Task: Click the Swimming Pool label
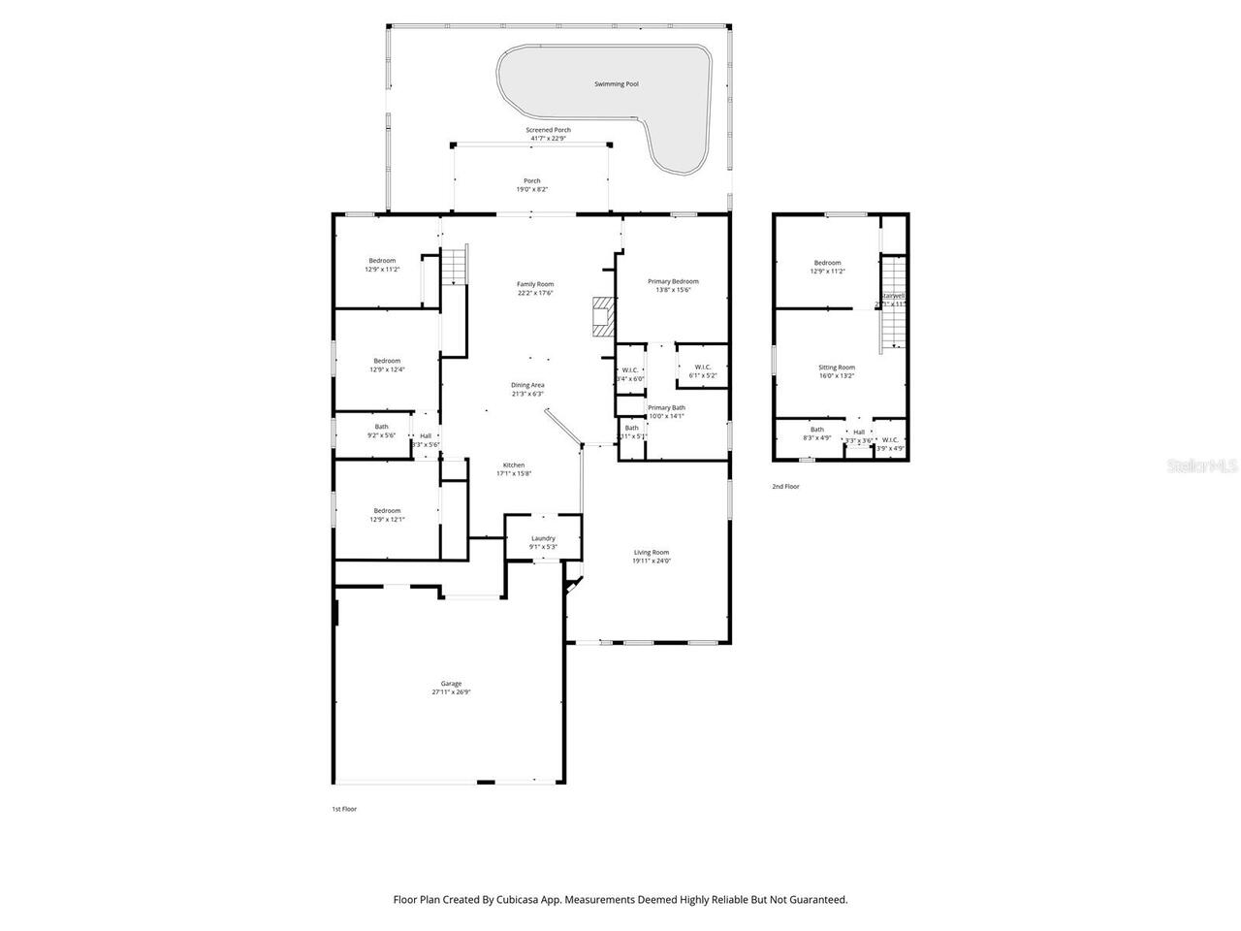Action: coord(616,84)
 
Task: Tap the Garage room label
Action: coord(451,684)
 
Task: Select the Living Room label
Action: coord(651,553)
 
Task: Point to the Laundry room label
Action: coord(543,538)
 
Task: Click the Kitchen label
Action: coord(514,465)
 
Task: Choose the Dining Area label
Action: coord(527,385)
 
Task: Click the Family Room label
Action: coord(535,284)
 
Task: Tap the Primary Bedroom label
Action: coord(673,281)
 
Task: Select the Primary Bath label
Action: coord(666,408)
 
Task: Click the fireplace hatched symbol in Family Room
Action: coord(603,317)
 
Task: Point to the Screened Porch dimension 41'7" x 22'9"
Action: coord(548,139)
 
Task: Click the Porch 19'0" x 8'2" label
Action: coord(532,184)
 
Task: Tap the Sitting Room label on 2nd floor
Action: coord(836,368)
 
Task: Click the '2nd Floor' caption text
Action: coord(785,487)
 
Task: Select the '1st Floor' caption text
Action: coord(344,808)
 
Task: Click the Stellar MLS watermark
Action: coord(1201,465)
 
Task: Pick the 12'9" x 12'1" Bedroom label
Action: coord(387,515)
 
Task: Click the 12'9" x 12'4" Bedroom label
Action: coord(387,365)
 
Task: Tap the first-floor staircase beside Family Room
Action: coord(455,267)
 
